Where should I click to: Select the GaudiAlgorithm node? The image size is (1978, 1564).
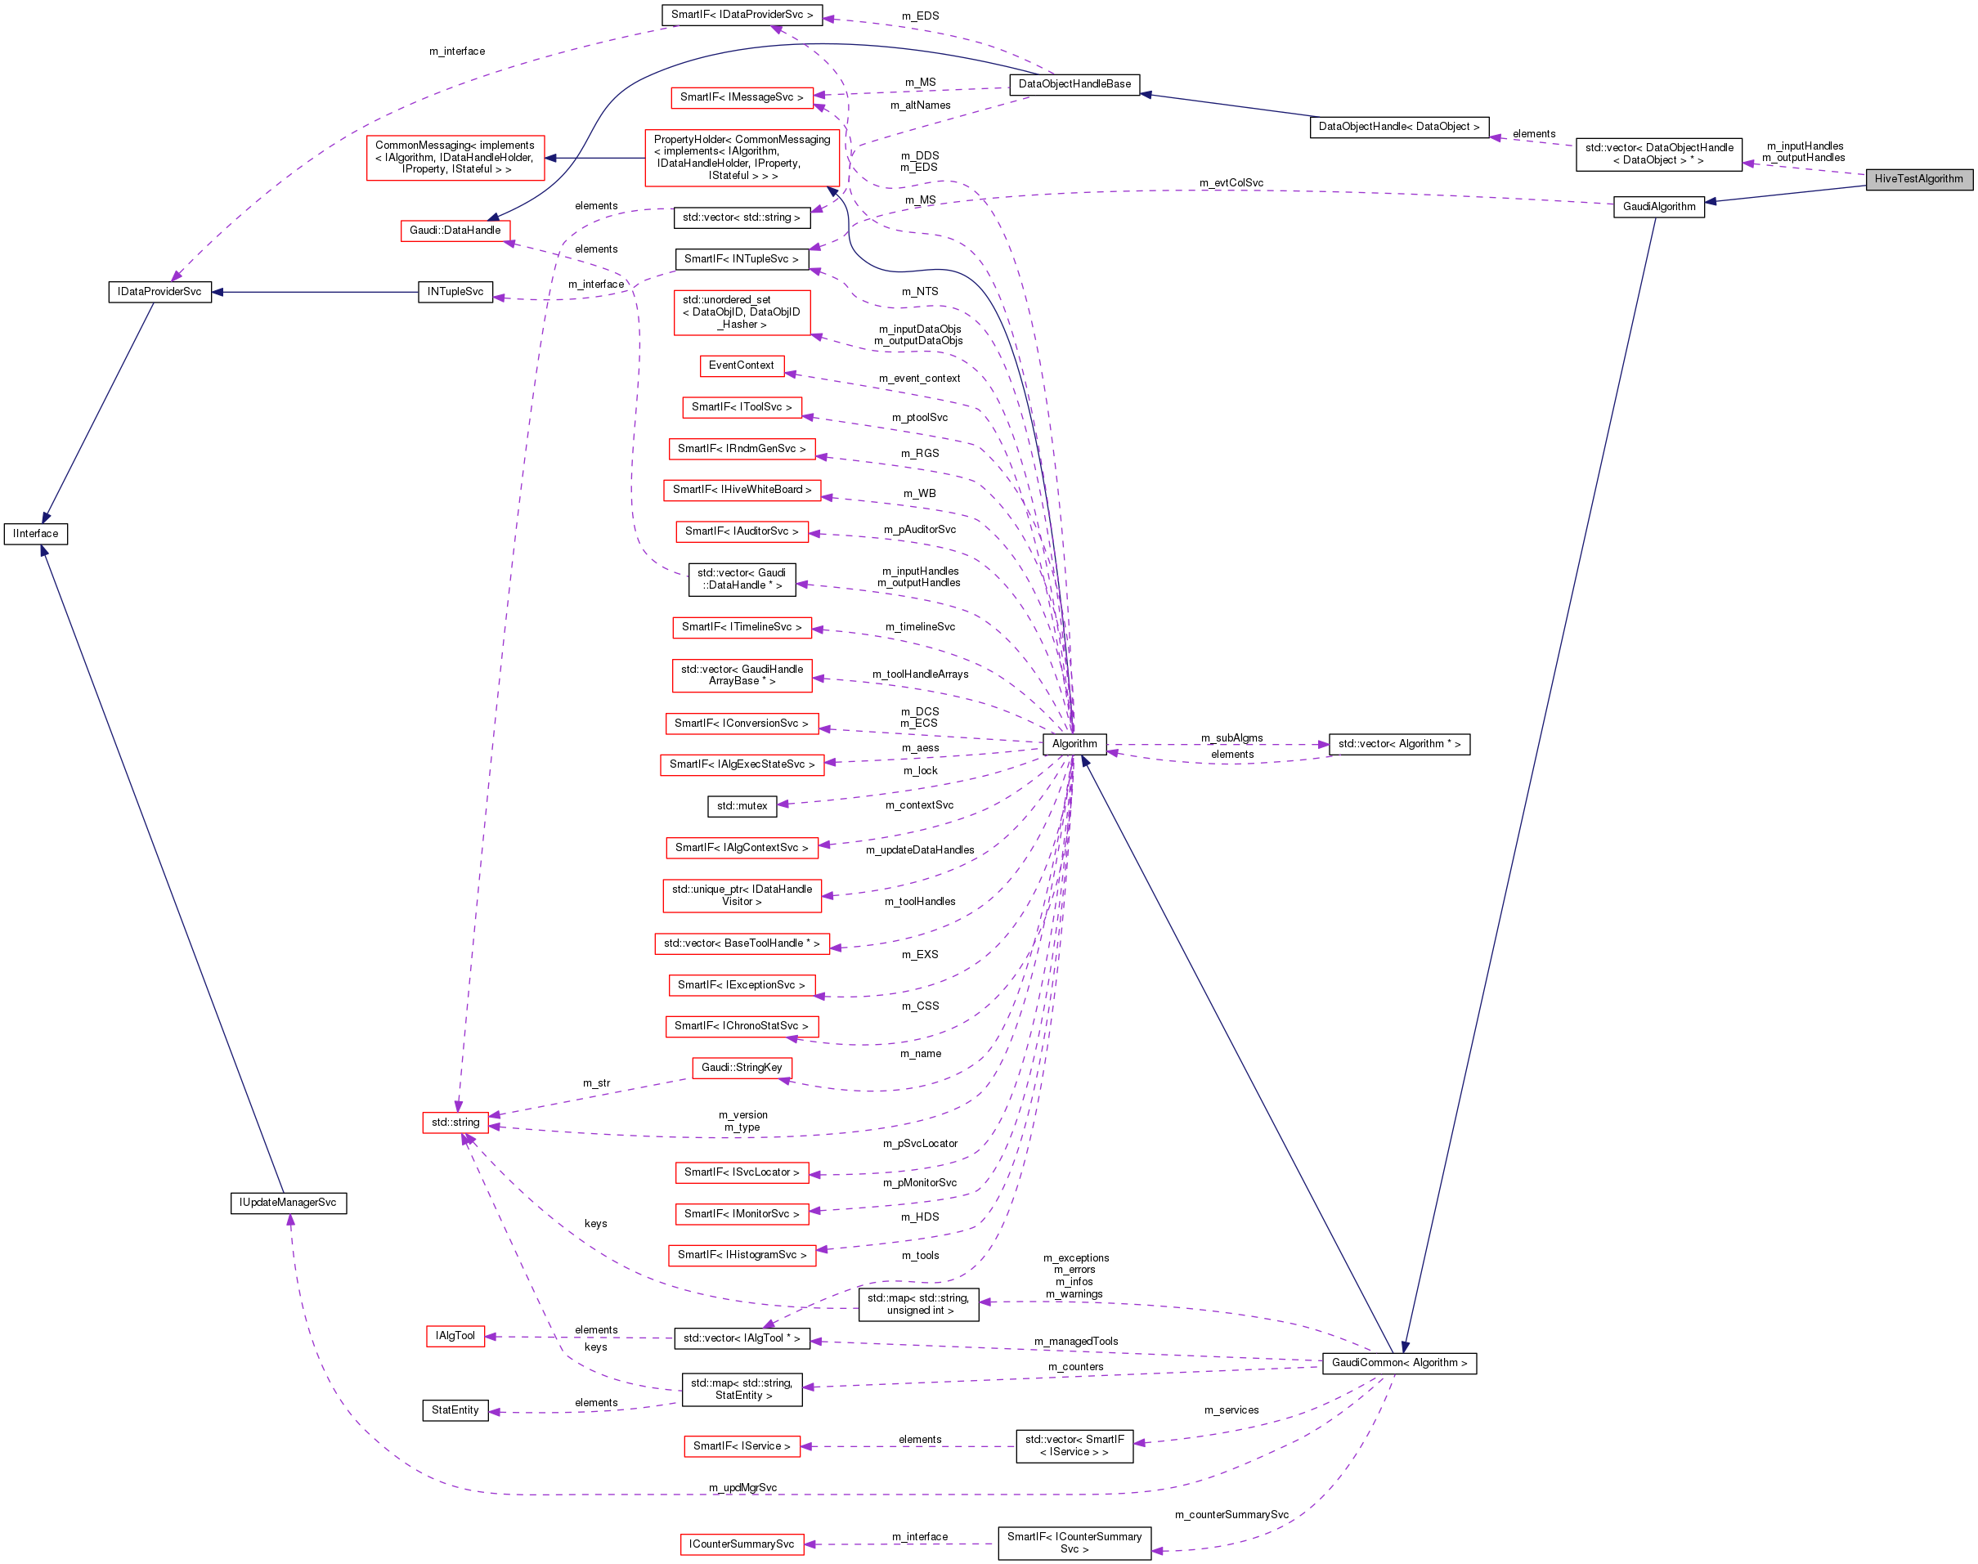[x=1658, y=207]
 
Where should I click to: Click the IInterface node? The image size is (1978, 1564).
[x=36, y=534]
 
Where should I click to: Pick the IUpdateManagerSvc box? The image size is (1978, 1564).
[x=288, y=1203]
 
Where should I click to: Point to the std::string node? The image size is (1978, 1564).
[x=455, y=1123]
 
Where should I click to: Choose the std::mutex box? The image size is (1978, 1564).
[x=742, y=807]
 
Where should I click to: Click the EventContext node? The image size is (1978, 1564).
[x=741, y=365]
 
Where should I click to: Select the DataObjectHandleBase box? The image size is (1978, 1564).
[x=1074, y=84]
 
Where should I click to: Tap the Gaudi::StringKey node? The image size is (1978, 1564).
[x=742, y=1068]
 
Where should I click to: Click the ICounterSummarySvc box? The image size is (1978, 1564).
[x=742, y=1544]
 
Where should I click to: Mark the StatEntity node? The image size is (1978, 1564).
[x=455, y=1411]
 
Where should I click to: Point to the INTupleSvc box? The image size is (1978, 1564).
[x=455, y=292]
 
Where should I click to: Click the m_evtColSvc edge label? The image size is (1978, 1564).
[x=1231, y=183]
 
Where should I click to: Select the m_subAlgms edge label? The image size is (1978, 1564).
[x=1231, y=738]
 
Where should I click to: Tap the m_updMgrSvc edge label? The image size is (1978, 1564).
[x=742, y=1488]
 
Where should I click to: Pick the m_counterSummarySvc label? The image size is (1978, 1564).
[x=1231, y=1515]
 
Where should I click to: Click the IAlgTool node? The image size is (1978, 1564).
[x=455, y=1337]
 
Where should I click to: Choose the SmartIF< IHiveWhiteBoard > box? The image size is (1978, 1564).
[x=742, y=490]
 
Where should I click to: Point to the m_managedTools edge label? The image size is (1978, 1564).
[x=1076, y=1342]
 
